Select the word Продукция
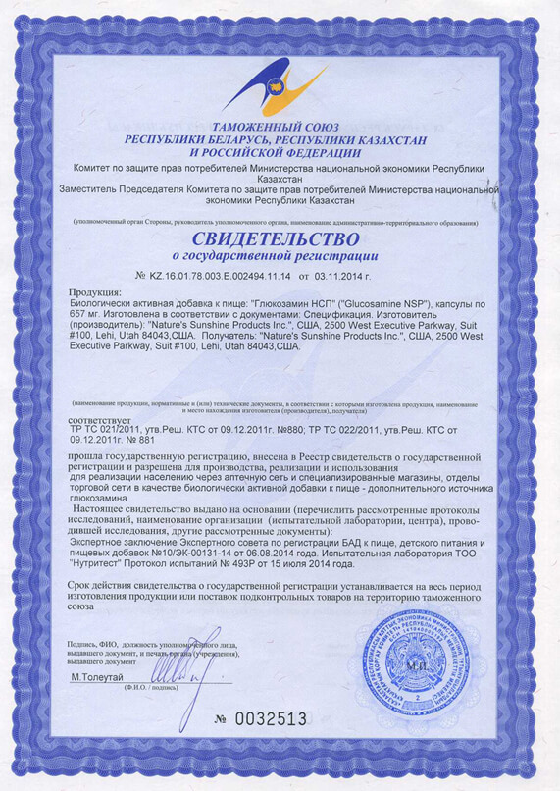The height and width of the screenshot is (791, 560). coord(95,292)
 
